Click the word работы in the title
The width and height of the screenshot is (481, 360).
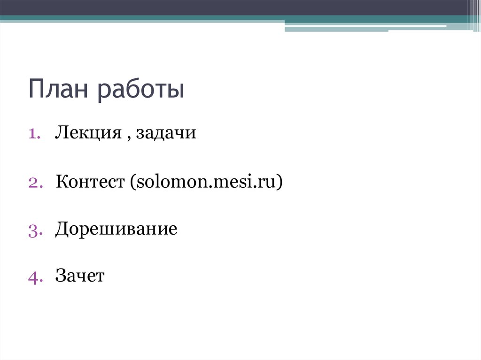141,91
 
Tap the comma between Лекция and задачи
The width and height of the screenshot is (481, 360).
129,138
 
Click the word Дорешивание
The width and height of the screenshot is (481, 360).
116,230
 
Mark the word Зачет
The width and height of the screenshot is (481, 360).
80,276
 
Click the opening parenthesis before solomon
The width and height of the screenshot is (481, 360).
127,183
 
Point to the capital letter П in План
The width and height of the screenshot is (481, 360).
36,90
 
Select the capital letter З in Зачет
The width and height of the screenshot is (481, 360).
61,276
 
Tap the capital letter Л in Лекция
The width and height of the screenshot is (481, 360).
62,133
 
